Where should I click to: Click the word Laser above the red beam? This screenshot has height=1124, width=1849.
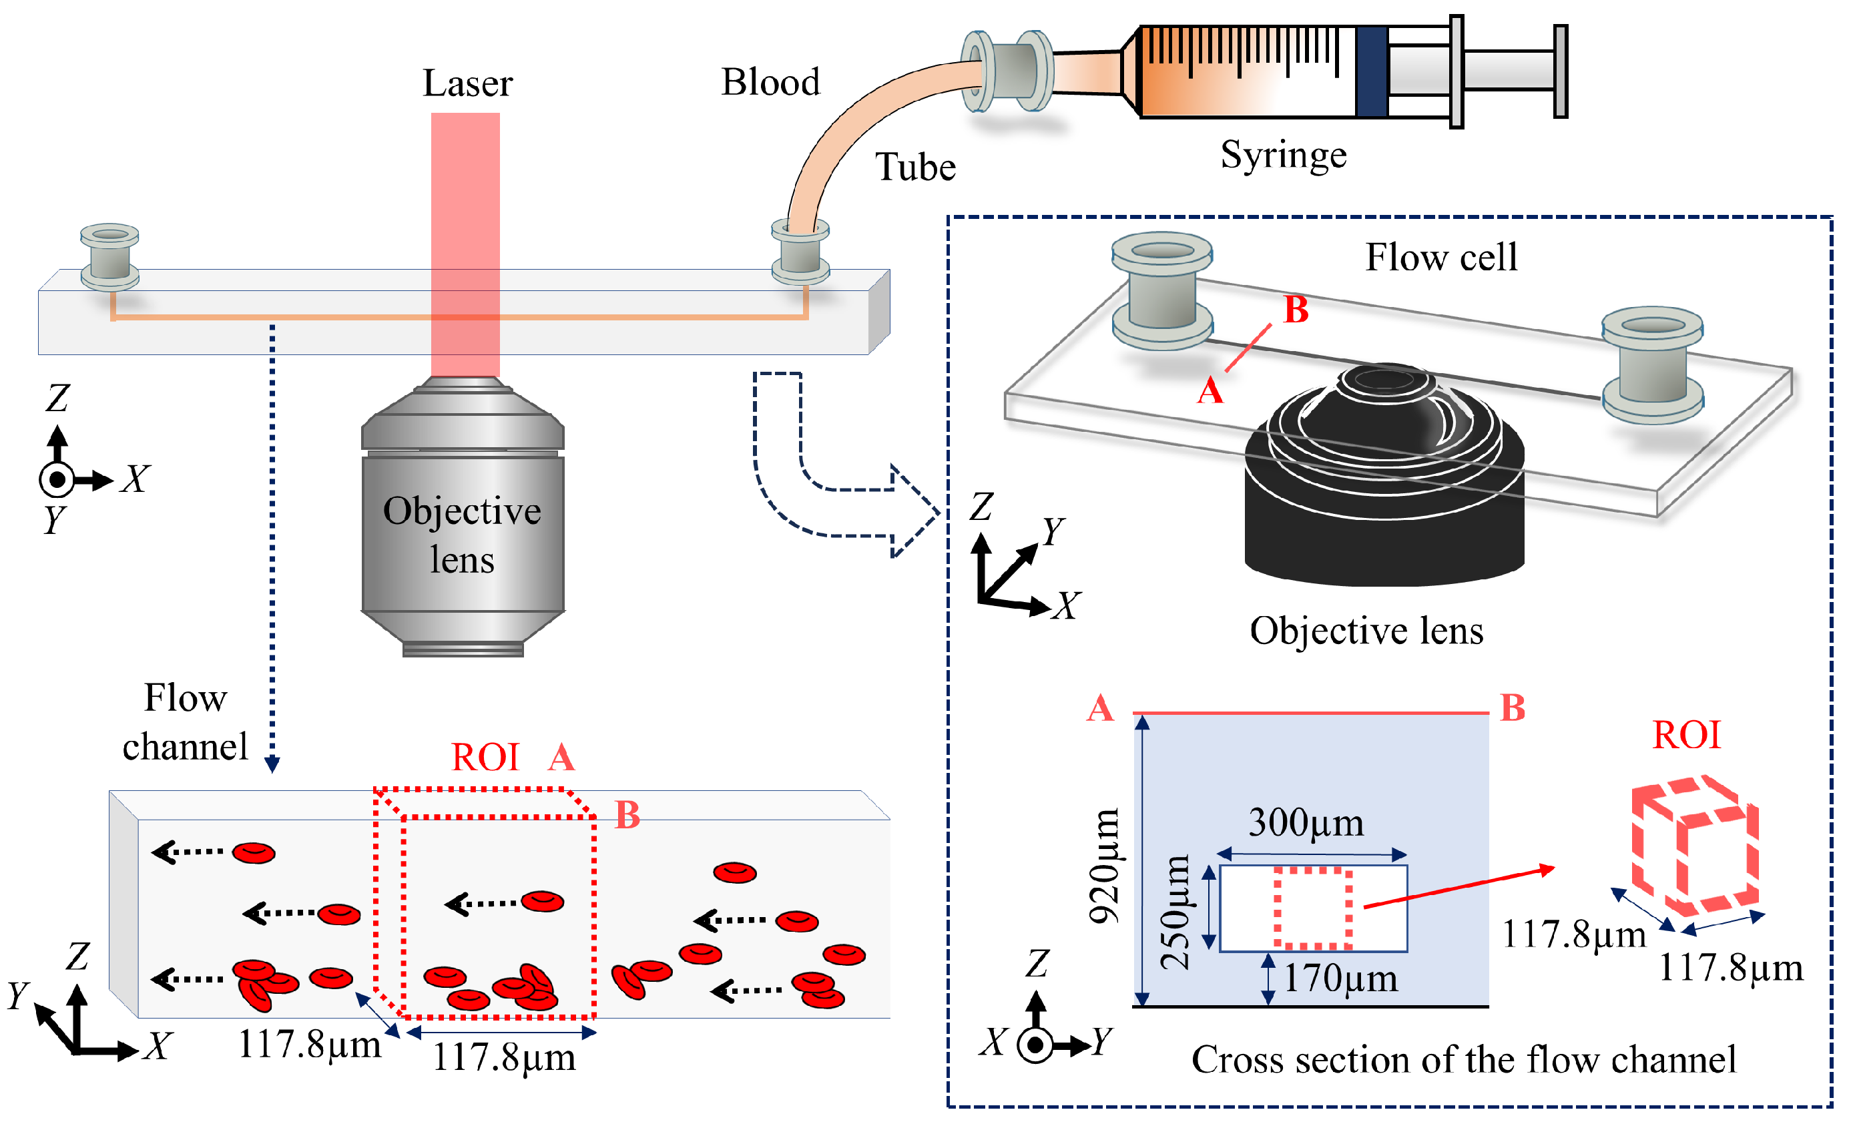(467, 83)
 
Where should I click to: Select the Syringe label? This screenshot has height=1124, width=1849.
(1283, 156)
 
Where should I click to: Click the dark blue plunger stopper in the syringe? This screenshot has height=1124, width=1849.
(1372, 72)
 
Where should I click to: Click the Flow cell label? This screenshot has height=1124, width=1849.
(1440, 258)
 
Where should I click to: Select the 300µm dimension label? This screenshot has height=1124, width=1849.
(1306, 823)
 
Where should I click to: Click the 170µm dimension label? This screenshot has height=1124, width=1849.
(1340, 978)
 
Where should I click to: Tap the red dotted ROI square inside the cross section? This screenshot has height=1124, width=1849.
(1312, 908)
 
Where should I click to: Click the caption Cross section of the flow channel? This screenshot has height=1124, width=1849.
(1463, 1059)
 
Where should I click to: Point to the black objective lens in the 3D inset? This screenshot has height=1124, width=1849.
(1384, 488)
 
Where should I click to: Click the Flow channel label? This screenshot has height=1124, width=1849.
(185, 722)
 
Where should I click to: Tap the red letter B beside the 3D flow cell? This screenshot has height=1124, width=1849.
(1296, 310)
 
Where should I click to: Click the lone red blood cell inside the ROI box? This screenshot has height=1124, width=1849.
(542, 901)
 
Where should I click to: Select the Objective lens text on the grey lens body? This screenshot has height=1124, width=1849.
(461, 535)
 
